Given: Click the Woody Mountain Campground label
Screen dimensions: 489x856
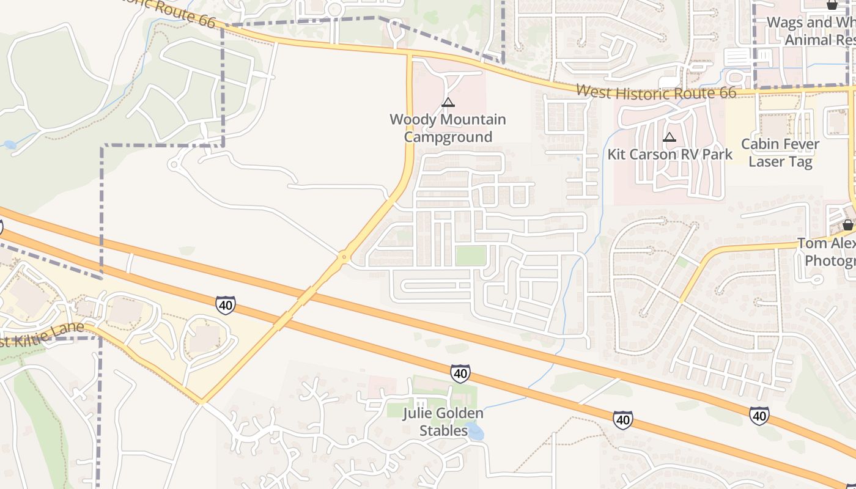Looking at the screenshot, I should click(x=448, y=128).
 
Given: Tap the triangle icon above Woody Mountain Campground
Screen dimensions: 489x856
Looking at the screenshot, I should click(x=448, y=102).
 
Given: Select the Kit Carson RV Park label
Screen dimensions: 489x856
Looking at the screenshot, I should click(x=670, y=155).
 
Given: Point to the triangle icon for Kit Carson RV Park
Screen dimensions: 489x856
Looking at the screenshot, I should click(x=670, y=138).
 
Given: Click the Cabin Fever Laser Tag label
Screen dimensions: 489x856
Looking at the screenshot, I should click(x=780, y=153).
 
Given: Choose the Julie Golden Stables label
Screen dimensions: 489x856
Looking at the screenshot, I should click(x=443, y=422).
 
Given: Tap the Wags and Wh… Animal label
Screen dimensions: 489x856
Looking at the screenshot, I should click(x=811, y=31).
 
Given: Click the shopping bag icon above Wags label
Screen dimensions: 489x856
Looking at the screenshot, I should click(x=832, y=5).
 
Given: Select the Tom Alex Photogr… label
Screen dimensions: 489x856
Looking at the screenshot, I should click(x=826, y=252).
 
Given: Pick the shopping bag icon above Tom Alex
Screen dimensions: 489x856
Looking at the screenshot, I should click(x=847, y=225).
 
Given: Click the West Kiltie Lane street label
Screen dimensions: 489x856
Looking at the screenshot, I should click(x=42, y=336).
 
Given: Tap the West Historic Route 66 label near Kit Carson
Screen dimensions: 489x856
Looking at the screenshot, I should click(x=656, y=92).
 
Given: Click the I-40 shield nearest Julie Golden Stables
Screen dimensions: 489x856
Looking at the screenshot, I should click(x=460, y=373).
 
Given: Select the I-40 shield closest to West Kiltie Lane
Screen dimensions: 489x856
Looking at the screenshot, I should click(x=225, y=304).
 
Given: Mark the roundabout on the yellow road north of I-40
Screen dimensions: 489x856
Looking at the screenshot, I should click(x=344, y=257).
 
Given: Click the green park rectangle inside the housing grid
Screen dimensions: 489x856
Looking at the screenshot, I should click(x=471, y=256).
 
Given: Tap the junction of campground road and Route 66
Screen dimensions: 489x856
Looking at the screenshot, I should click(x=410, y=56).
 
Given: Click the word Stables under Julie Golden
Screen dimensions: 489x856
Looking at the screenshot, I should click(x=443, y=430).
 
